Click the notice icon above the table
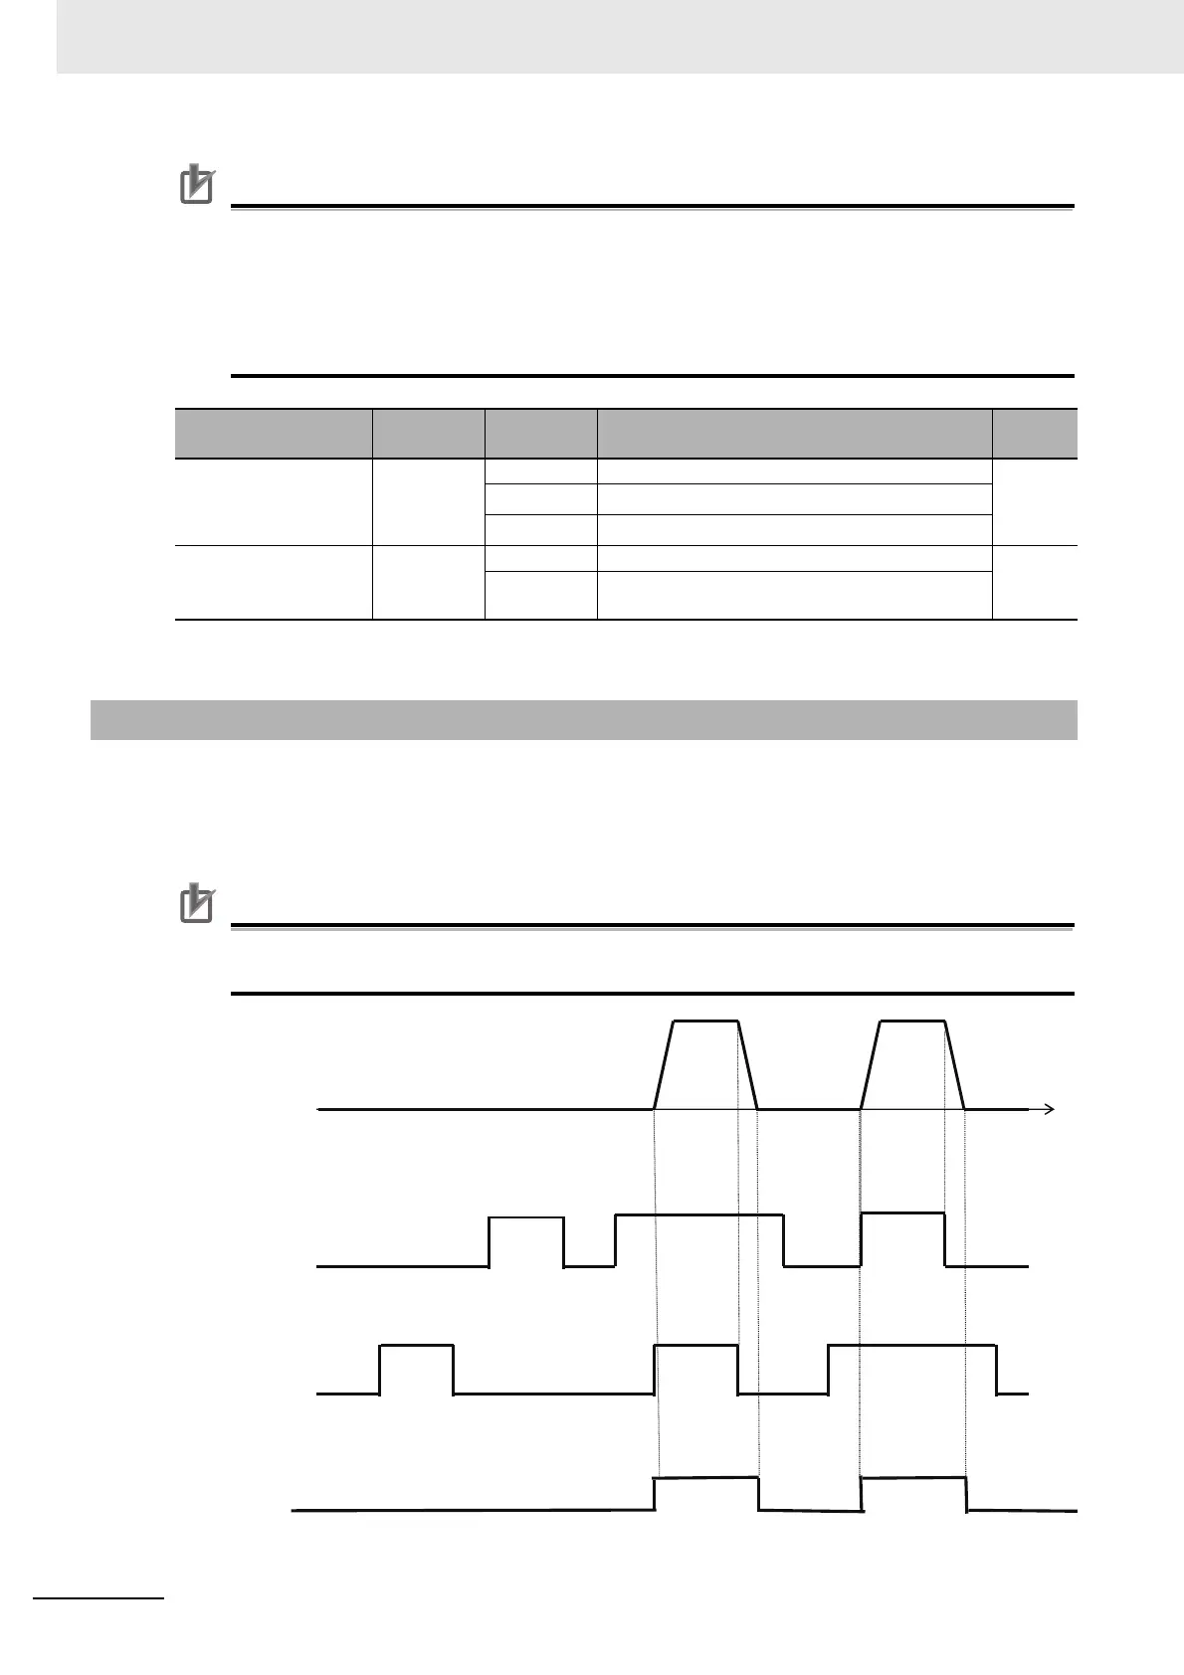click(x=196, y=186)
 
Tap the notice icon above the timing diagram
click(x=196, y=904)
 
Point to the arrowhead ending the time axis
click(x=1048, y=1108)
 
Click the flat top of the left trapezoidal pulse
click(x=706, y=1022)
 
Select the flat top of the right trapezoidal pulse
click(x=912, y=1022)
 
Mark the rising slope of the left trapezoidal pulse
click(x=665, y=1064)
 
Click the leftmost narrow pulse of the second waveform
click(x=526, y=1218)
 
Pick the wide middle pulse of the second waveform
click(x=699, y=1215)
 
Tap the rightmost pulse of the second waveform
click(x=902, y=1213)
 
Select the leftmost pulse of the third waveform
click(x=417, y=1346)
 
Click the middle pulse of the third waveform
click(x=696, y=1346)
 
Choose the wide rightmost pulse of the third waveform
click(x=912, y=1346)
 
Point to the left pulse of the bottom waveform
click(x=706, y=1479)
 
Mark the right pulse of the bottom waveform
click(x=912, y=1479)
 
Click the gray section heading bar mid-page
click(x=584, y=720)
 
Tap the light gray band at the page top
click(x=617, y=37)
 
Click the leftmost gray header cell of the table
click(x=274, y=434)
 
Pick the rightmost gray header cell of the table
click(x=1035, y=434)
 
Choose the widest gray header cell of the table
click(x=794, y=434)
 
